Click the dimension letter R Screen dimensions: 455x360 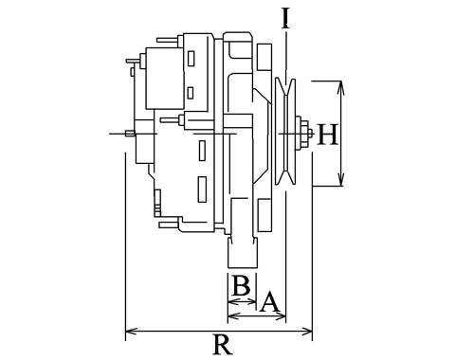tap(223, 344)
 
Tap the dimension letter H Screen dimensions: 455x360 tap(327, 135)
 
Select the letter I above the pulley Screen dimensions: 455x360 tap(285, 18)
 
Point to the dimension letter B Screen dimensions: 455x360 tap(242, 285)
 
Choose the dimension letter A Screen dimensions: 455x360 tap(269, 301)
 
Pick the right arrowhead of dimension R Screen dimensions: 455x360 tap(306, 332)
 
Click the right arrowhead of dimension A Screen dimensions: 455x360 tap(280, 315)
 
